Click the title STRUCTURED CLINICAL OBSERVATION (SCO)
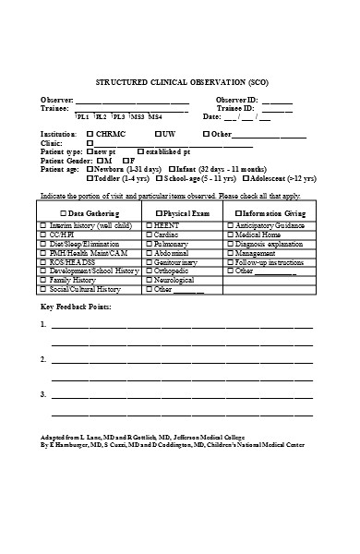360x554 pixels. coord(181,81)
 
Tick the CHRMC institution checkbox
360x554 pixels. coord(90,134)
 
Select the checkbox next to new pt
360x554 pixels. coord(89,151)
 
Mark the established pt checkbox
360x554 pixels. coord(140,151)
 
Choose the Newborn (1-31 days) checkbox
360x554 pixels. coord(89,170)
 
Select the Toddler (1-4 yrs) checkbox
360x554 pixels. coord(89,178)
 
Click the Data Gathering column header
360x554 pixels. coord(90,212)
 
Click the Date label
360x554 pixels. coord(211,117)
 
